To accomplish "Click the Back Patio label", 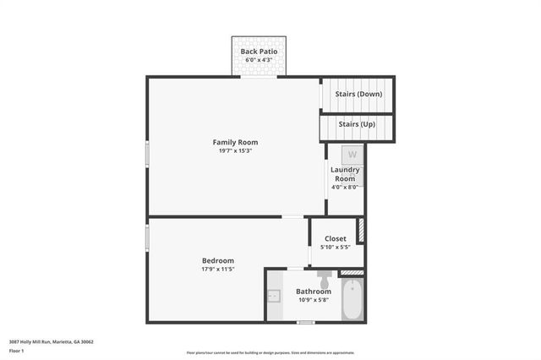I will tap(260, 52).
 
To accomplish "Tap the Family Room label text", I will tap(235, 142).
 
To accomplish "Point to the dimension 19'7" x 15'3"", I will tap(235, 150).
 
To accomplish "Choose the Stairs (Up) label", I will tap(356, 124).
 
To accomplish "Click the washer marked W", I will tap(352, 155).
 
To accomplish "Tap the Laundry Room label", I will tap(345, 174).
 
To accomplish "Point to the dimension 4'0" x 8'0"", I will tap(345, 187).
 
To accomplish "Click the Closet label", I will tap(336, 238).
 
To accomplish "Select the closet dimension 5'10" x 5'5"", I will tap(336, 247).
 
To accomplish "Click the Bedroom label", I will tap(217, 260).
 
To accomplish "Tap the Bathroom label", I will tap(313, 291).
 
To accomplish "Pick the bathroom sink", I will tap(273, 296).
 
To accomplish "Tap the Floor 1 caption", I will tap(16, 350).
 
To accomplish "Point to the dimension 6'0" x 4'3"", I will tap(260, 60).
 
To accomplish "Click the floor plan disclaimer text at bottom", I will tap(270, 352).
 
